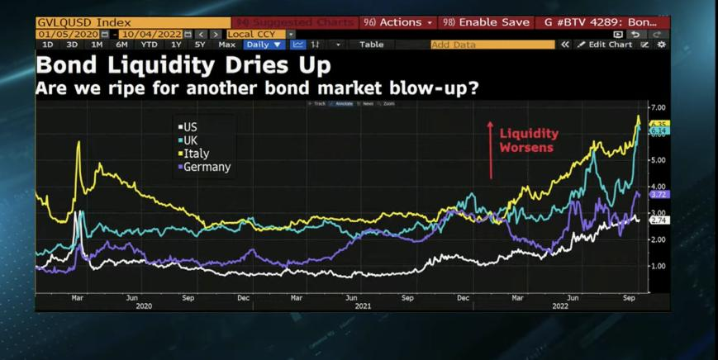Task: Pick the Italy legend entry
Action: point(194,154)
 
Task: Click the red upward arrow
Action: point(490,149)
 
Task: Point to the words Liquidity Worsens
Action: point(529,140)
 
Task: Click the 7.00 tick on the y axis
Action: point(658,108)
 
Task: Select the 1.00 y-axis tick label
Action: point(658,266)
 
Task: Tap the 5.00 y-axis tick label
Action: point(658,160)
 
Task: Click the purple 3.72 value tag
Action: point(659,195)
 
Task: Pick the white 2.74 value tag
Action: point(659,221)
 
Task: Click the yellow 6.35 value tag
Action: point(659,124)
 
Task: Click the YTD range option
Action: point(149,45)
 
